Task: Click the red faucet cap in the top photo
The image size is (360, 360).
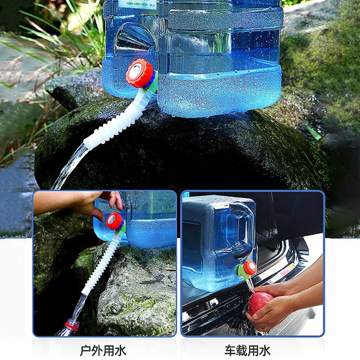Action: coord(141,73)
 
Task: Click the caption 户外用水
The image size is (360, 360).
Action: coord(103,350)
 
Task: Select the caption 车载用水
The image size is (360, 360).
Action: coord(247,350)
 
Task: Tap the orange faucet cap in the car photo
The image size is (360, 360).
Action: coord(249,267)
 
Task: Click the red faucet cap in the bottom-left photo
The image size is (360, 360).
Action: coord(115,220)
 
